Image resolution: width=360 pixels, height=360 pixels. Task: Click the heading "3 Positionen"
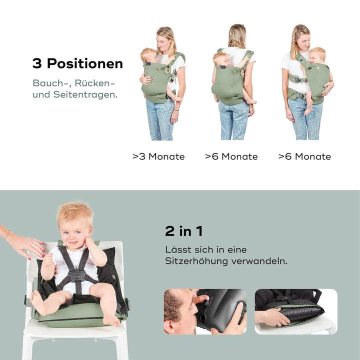coord(77,64)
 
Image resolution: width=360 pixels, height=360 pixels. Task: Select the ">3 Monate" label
coord(158,156)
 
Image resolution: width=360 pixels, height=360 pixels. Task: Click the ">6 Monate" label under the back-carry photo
coord(231,156)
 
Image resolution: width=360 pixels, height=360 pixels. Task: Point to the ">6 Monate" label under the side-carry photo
coord(304,156)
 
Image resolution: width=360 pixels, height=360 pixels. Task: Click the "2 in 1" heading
coord(183,231)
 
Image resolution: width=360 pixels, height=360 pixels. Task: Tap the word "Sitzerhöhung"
coord(196,261)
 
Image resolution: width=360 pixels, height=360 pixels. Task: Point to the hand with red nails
coord(25,245)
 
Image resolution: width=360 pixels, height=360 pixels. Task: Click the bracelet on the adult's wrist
coord(6,234)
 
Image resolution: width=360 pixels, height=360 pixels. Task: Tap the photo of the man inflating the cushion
coord(205,311)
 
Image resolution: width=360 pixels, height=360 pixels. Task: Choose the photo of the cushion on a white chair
coord(295,311)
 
